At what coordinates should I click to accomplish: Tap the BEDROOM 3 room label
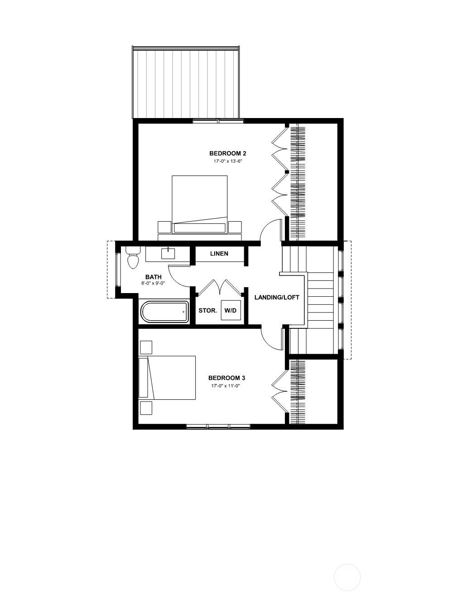coord(227,378)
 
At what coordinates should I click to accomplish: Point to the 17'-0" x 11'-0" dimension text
coord(226,386)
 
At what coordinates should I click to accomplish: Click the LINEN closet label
coord(219,254)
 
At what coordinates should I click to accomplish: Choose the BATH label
coord(154,277)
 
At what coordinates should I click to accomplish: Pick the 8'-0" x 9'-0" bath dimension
coord(154,283)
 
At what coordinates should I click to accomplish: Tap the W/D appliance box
coord(231,310)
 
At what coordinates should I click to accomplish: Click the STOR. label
coord(208,311)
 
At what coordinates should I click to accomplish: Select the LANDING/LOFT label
coord(277,297)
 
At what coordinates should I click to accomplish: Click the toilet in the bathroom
coord(133,258)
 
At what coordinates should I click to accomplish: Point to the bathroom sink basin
coord(168,254)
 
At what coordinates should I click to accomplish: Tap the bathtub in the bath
coord(165,312)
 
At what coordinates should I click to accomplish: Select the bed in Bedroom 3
coord(167,377)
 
